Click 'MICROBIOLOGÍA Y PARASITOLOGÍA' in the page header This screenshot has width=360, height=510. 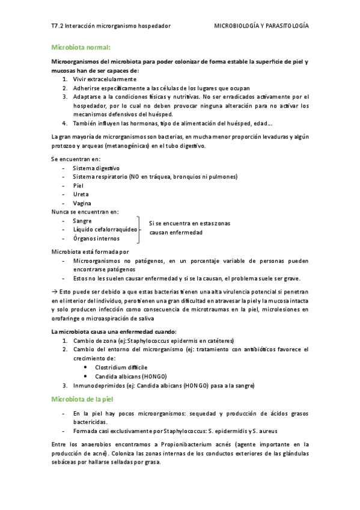[261, 26]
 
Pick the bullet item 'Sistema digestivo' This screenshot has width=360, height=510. [96, 168]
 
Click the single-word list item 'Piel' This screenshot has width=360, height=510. [78, 185]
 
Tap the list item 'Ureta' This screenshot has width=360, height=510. [81, 194]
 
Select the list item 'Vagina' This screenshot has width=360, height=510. [82, 203]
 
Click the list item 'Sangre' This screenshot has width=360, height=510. [82, 221]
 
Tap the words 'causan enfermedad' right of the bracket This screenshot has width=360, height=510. [176, 232]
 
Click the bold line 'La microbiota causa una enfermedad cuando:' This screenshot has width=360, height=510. [114, 331]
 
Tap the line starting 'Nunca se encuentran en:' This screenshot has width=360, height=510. [85, 212]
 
